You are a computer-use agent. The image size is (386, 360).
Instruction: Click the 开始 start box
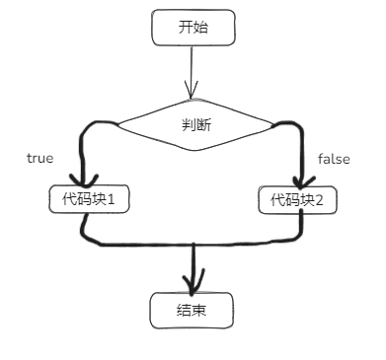coord(193,28)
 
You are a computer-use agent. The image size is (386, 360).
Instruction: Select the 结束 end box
coord(192,311)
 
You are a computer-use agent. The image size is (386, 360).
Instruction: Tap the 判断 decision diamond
coord(195,125)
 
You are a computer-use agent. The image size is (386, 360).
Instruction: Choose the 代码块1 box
coord(90,199)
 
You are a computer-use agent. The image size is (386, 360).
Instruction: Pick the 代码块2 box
coord(298,199)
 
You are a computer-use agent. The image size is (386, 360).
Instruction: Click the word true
coord(39,158)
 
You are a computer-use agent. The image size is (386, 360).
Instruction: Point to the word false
coord(334,158)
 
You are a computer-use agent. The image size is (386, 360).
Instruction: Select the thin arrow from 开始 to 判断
coord(193,69)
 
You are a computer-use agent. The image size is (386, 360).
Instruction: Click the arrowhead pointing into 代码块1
coord(84,180)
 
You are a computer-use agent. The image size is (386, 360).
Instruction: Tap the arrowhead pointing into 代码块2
coord(301,180)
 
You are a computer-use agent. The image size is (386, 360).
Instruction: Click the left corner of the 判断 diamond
coord(116,124)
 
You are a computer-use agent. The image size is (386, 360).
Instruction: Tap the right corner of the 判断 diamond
coord(274,124)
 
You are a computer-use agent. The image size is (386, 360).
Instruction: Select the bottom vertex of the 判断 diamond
coord(195,153)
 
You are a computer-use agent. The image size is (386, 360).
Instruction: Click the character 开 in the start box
coord(186,28)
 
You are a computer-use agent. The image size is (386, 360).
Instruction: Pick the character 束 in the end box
coord(199,311)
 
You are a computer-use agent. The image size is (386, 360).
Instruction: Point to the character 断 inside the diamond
coord(202,125)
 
